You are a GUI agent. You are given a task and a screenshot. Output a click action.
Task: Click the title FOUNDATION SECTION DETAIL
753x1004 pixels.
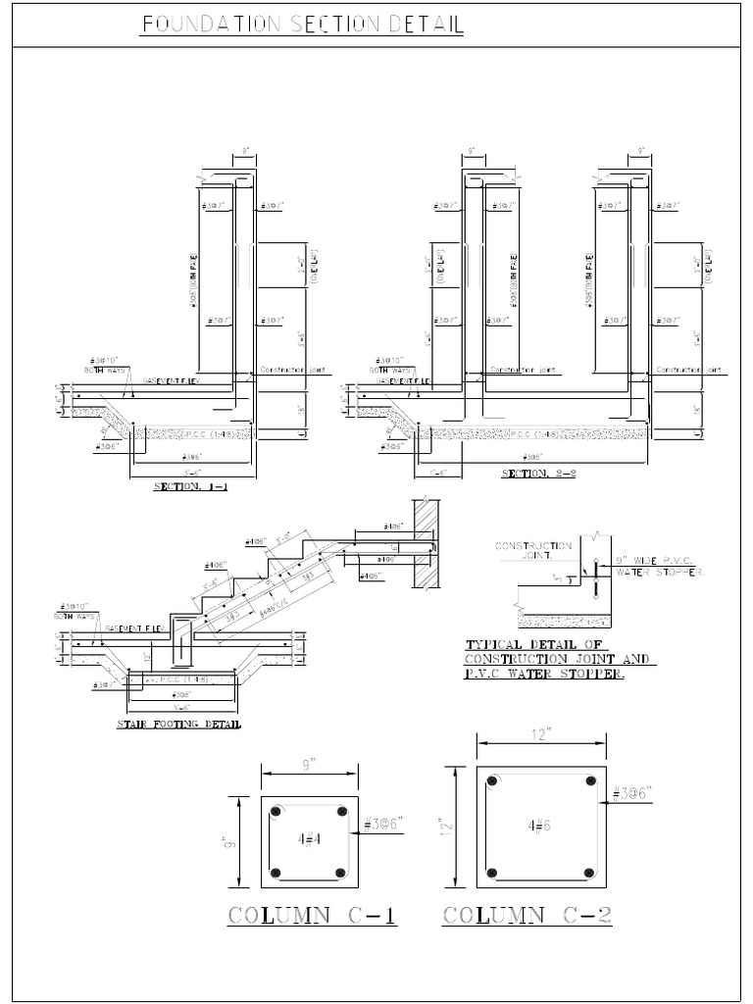[302, 25]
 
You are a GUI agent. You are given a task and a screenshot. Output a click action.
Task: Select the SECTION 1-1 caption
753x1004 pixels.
[191, 486]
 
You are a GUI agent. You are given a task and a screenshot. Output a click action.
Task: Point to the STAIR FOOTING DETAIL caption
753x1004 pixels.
[179, 725]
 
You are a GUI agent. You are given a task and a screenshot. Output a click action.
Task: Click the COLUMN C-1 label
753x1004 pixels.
[312, 916]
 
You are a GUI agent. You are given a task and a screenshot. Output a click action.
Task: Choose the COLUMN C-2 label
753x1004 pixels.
[527, 916]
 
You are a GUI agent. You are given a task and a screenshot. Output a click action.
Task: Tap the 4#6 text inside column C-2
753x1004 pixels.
[536, 826]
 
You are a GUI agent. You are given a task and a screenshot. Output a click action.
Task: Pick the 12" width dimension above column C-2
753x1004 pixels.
[537, 734]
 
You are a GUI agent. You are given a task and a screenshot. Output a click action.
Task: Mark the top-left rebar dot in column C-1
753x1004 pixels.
[276, 813]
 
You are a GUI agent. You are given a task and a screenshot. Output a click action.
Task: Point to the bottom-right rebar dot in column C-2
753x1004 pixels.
[589, 873]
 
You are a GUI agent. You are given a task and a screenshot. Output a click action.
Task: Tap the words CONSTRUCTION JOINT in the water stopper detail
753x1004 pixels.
[533, 550]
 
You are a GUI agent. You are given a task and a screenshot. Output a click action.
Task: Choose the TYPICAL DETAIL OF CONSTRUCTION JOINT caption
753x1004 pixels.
[560, 660]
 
